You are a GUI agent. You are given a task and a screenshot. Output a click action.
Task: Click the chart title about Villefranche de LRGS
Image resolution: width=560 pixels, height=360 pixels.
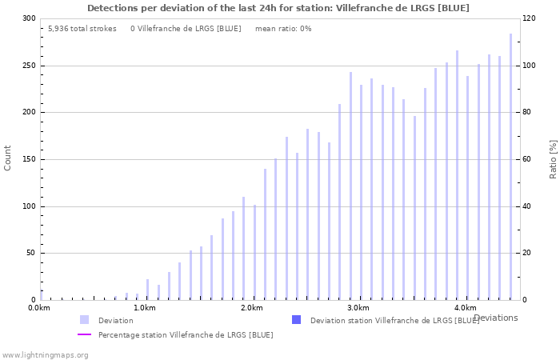pos(278,8)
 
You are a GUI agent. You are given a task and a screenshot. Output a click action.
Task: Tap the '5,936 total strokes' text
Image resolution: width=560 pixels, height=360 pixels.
pos(82,29)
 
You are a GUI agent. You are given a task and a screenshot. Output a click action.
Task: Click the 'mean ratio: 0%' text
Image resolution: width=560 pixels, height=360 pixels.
pos(283,29)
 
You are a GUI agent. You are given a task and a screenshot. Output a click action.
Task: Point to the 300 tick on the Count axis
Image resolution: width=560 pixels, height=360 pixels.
pos(29,18)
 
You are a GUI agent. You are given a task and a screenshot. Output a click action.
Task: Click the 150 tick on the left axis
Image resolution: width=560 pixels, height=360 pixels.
pos(29,159)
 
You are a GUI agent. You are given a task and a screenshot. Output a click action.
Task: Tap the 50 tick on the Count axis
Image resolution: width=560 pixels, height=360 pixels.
pos(31,254)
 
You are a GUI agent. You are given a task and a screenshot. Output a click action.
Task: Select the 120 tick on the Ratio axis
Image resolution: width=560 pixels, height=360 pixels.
pos(530,18)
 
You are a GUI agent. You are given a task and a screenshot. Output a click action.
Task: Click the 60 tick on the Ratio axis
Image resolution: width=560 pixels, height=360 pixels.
pos(528,159)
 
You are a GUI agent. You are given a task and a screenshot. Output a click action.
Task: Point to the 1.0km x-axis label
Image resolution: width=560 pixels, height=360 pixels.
pos(145,308)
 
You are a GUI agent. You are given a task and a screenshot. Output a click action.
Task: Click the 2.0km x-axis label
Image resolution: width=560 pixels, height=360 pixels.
pos(251,308)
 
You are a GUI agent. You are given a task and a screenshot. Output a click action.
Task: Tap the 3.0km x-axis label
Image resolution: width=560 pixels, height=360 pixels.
pos(358,308)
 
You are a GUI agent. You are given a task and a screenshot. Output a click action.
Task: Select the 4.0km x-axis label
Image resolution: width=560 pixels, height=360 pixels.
pos(465,308)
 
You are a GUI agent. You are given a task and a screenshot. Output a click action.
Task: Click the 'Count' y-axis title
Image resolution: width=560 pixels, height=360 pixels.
pos(8,158)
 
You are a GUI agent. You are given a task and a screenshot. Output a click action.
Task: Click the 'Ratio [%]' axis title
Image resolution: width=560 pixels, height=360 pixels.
pos(553,158)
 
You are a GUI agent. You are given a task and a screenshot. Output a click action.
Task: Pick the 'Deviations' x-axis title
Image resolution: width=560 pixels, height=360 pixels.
pos(495,318)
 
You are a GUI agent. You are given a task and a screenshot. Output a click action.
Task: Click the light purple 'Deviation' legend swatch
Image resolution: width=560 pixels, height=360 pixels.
pos(84,320)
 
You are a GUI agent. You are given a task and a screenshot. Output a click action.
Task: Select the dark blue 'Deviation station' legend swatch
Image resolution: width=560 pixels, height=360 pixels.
pos(296,320)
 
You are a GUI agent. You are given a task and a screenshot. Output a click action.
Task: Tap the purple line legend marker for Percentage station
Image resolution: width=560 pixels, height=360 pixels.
pos(84,334)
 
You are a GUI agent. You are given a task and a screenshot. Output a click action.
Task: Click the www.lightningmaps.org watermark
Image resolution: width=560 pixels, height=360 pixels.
pos(45,354)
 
